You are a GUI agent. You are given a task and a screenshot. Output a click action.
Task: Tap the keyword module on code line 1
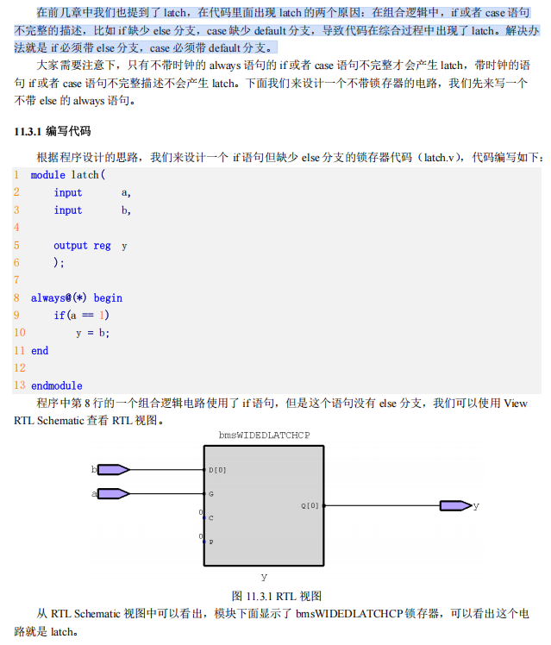tap(47, 174)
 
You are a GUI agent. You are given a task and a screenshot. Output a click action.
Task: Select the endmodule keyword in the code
tap(56, 385)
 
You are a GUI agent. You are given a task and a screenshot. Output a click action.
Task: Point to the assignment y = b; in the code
tap(92, 333)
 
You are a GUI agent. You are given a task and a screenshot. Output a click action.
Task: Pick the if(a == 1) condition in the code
tap(82, 315)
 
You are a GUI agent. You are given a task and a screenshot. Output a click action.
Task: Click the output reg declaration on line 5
tap(82, 245)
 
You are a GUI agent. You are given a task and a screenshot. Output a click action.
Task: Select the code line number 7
tap(16, 280)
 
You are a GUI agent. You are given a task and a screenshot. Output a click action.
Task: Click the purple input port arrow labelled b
tap(113, 470)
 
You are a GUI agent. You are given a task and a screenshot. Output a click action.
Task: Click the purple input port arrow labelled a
tap(113, 493)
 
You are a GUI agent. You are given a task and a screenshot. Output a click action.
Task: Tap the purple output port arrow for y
tap(454, 505)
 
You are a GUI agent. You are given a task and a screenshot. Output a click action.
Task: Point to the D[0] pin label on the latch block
tap(217, 470)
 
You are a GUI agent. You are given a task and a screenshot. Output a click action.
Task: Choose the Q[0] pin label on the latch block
tap(310, 505)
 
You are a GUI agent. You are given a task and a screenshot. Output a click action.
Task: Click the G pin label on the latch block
tap(211, 494)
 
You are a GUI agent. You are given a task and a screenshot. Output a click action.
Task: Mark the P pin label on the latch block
tap(211, 542)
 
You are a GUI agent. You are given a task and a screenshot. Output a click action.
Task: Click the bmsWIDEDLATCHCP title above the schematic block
tap(264, 435)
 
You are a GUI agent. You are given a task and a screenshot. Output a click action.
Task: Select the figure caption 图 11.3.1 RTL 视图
tap(276, 596)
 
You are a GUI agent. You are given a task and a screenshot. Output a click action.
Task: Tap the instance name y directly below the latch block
tap(264, 575)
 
